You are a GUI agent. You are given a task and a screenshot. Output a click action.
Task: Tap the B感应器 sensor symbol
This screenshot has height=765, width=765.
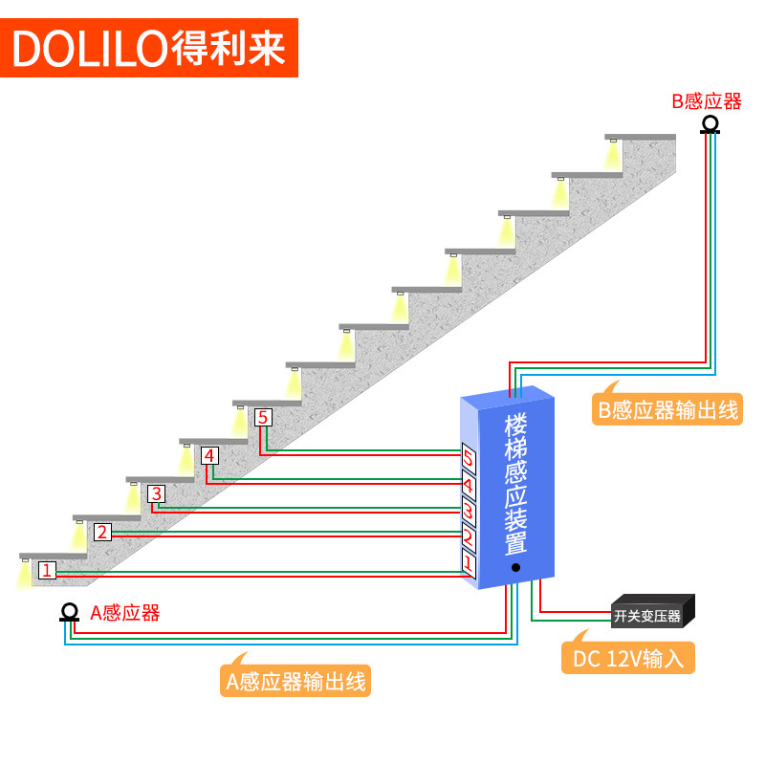click(710, 125)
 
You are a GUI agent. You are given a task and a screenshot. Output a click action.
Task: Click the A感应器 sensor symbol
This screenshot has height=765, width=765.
click(69, 612)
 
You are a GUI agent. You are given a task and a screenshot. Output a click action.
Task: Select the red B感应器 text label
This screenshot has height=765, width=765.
click(707, 101)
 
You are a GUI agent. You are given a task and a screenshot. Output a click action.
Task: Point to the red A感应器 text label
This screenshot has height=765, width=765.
click(125, 613)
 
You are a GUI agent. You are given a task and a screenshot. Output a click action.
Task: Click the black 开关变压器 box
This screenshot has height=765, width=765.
click(651, 615)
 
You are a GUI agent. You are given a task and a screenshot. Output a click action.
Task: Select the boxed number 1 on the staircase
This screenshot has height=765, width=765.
click(47, 570)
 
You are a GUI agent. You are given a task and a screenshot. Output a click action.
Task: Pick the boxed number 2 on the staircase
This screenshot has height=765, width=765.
click(102, 532)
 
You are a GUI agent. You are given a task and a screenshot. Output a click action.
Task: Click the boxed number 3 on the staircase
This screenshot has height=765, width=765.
click(157, 493)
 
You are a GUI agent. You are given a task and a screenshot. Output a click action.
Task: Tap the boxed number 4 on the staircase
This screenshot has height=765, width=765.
click(209, 455)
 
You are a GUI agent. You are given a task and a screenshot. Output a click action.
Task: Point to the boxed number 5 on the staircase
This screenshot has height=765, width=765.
click(263, 417)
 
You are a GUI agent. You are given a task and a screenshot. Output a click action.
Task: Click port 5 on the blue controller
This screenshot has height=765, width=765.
click(469, 460)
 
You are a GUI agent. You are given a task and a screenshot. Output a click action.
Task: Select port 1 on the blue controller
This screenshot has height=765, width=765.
click(469, 566)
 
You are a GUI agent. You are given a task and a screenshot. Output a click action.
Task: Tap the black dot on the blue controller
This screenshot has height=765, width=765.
click(515, 567)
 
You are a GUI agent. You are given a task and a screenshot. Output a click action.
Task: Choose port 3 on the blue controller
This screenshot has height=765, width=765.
click(469, 513)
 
